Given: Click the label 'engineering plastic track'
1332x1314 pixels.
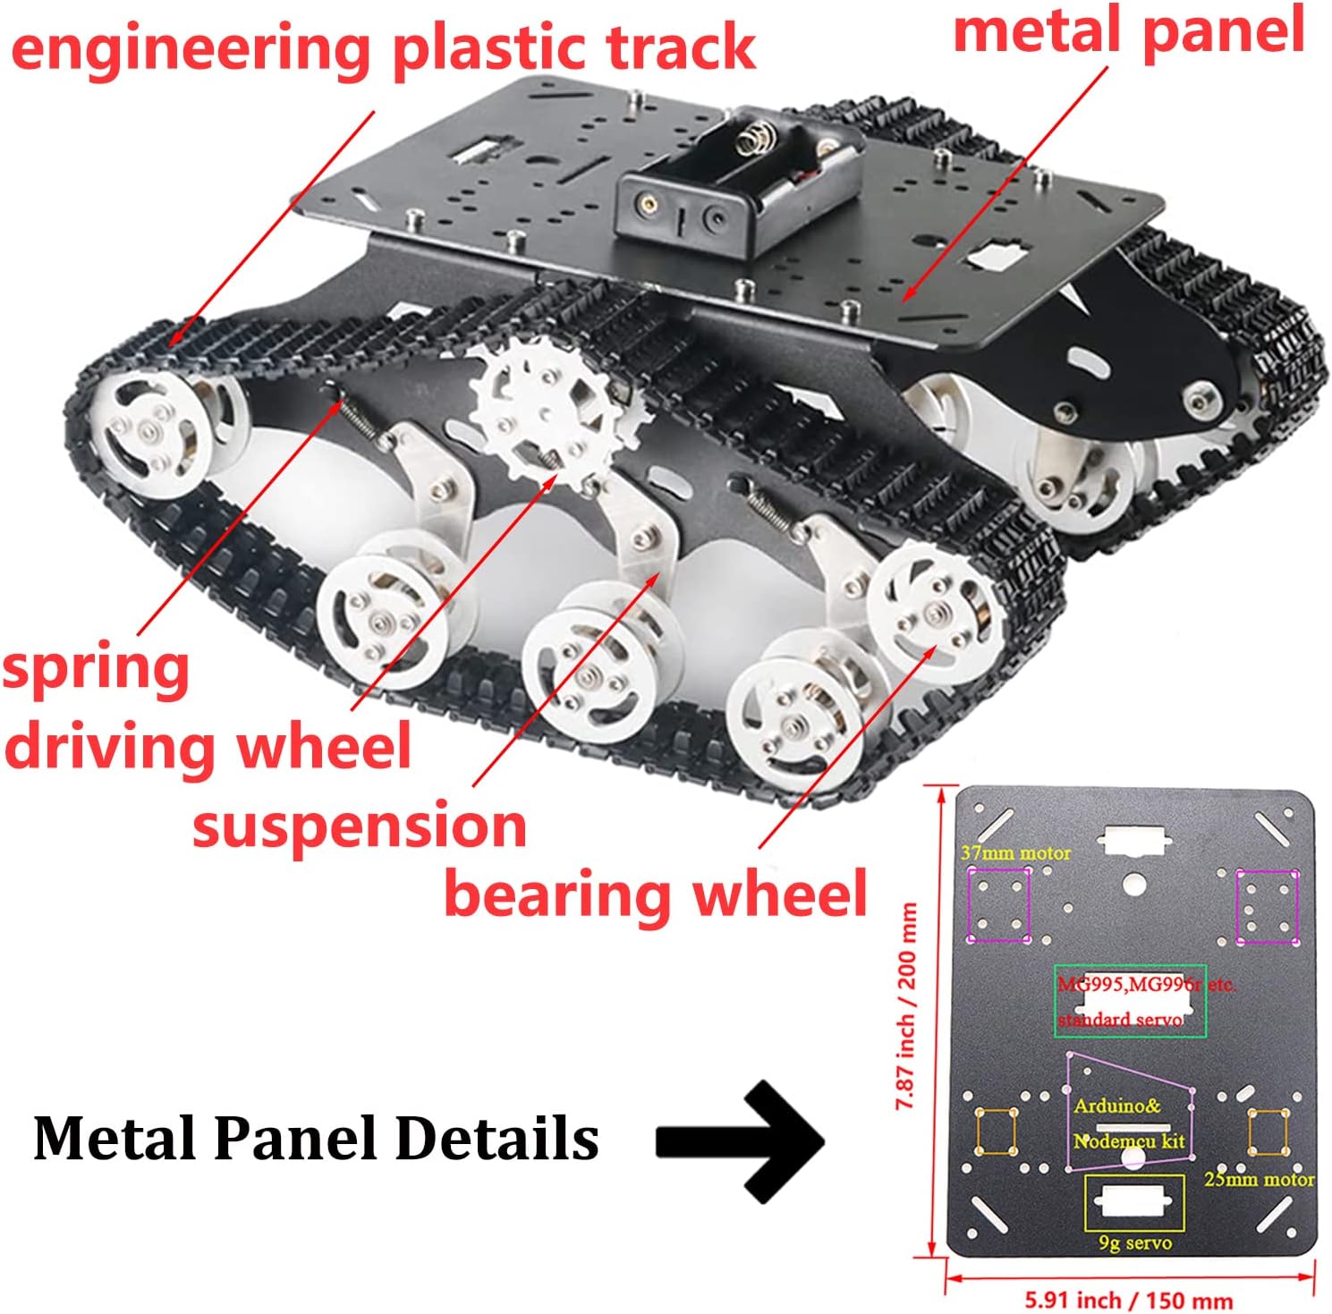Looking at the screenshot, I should click(x=383, y=48).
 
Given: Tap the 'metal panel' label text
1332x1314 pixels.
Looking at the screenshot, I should click(x=1129, y=30).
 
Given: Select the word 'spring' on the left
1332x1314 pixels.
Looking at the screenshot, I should click(x=97, y=670).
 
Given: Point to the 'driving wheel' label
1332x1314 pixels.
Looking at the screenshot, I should click(x=208, y=747).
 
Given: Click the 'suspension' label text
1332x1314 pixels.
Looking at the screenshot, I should click(x=360, y=826).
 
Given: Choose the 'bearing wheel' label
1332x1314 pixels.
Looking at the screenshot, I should click(x=656, y=894).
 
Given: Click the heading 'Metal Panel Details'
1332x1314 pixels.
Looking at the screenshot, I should click(x=316, y=1139).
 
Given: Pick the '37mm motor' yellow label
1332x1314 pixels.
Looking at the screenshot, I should click(x=1015, y=853).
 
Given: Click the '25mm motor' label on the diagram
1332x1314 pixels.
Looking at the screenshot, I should click(x=1259, y=1179).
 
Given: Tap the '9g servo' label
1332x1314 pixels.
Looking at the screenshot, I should click(x=1134, y=1243).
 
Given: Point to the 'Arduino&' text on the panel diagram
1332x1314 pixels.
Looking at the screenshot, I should click(x=1116, y=1106).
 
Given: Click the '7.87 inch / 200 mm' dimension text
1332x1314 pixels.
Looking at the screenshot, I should click(x=907, y=1006).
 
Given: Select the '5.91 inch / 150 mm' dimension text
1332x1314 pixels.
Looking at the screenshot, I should click(x=1128, y=1299).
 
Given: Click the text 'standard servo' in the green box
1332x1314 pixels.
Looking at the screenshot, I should click(x=1120, y=1020).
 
